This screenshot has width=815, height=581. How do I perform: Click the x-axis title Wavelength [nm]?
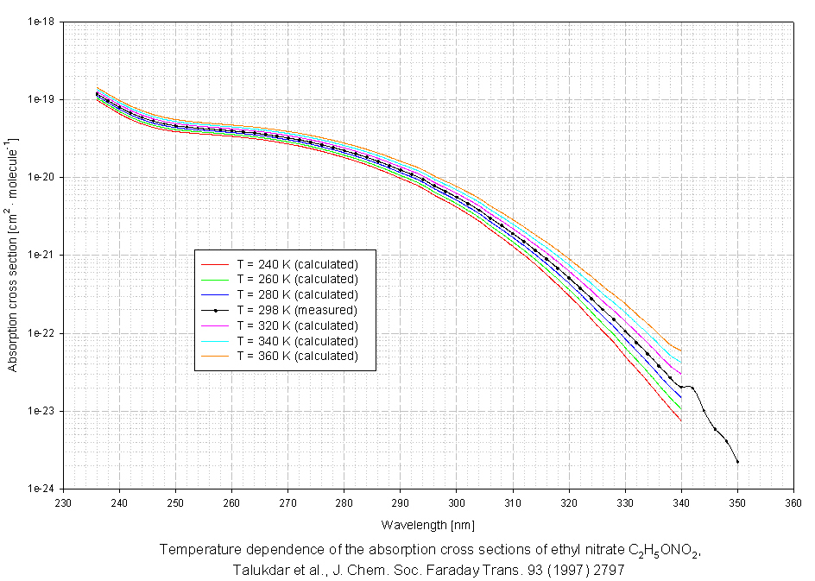[428, 524]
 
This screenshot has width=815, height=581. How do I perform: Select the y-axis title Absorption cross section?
[13, 255]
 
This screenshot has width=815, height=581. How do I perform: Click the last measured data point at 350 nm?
[738, 462]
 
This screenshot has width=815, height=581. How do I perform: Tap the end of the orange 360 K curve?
[682, 350]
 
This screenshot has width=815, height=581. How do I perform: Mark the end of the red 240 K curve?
[682, 420]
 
